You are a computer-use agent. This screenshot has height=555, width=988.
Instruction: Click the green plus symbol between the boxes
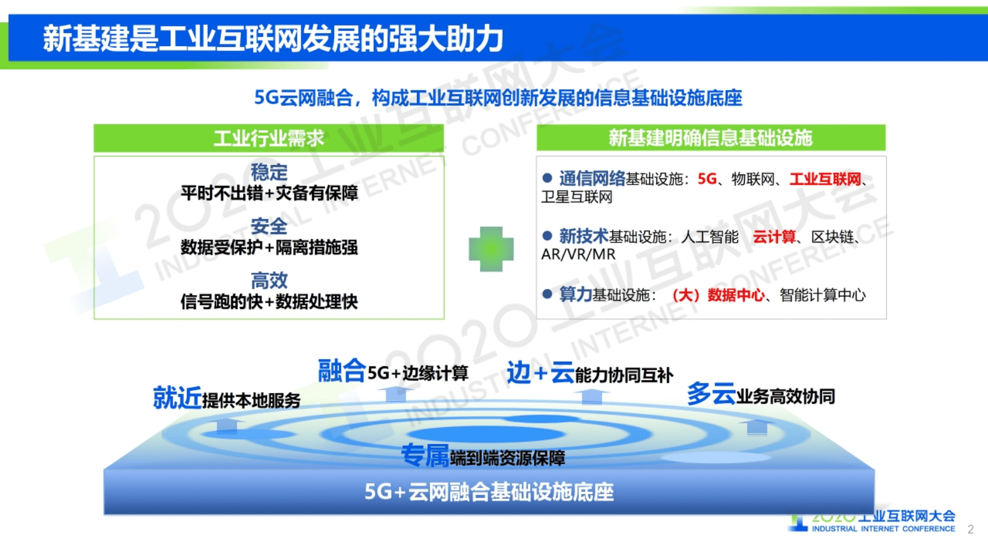pos(491,249)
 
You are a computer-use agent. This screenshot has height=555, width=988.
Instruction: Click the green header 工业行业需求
pos(269,138)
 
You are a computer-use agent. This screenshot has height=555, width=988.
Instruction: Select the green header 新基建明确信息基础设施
pos(711,138)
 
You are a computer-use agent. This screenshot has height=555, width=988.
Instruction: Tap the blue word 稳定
pos(269,172)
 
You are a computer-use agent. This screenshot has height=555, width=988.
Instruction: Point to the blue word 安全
pos(269,226)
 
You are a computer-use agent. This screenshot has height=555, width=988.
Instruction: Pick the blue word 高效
pos(269,281)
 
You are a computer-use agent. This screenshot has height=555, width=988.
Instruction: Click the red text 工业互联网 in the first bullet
pos(825,179)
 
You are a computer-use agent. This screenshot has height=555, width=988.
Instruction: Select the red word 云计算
pos(774,237)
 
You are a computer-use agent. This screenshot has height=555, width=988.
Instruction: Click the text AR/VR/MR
pos(578,255)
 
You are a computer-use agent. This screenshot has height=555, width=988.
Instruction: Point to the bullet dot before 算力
pos(547,294)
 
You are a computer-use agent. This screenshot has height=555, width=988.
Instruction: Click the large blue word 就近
pos(177,398)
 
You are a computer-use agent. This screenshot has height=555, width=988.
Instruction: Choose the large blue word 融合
pos(342,371)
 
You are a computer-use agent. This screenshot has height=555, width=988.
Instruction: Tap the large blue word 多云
pos(711,394)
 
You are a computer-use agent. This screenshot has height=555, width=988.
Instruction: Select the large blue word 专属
pos(425,456)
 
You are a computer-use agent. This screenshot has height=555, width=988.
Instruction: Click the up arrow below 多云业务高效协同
pos(756,427)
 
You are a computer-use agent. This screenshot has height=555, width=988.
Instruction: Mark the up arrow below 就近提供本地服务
pos(226,427)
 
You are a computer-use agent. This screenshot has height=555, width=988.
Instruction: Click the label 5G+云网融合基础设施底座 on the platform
pos(489,492)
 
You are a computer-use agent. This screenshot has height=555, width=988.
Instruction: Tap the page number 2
pos(971,529)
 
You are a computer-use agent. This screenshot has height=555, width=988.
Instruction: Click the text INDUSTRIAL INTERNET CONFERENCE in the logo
pos(883,529)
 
